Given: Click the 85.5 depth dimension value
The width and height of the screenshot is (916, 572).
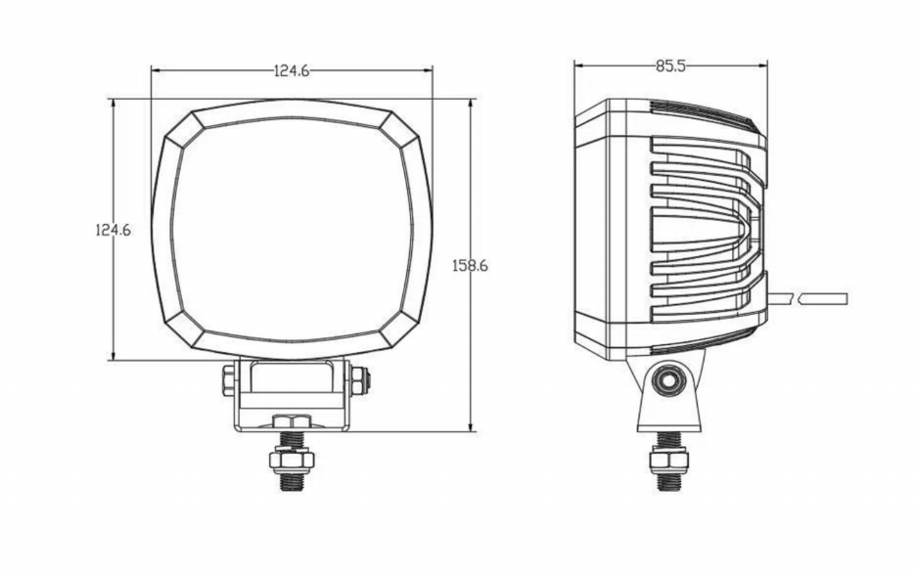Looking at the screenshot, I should [670, 66].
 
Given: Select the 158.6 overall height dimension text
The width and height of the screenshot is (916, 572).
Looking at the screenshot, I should [470, 265].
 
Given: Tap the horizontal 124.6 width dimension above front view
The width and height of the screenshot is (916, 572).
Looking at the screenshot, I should [292, 69].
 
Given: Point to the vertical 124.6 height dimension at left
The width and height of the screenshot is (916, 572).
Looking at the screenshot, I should [113, 230].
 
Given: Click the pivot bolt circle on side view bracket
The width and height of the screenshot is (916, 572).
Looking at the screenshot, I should [669, 380].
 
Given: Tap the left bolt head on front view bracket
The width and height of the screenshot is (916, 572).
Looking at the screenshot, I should [227, 378].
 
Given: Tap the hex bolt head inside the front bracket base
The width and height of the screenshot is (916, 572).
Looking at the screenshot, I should [292, 420].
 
